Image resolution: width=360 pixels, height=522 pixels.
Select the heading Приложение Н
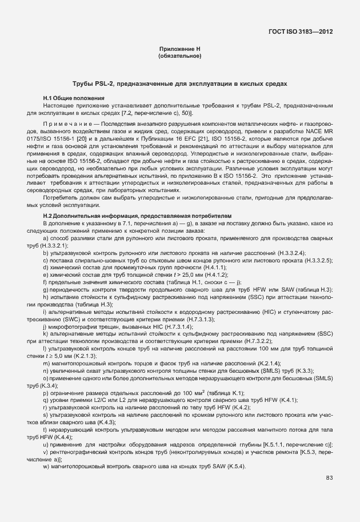[x=179, y=50]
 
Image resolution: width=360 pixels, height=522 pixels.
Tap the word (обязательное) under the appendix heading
[x=179, y=56]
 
